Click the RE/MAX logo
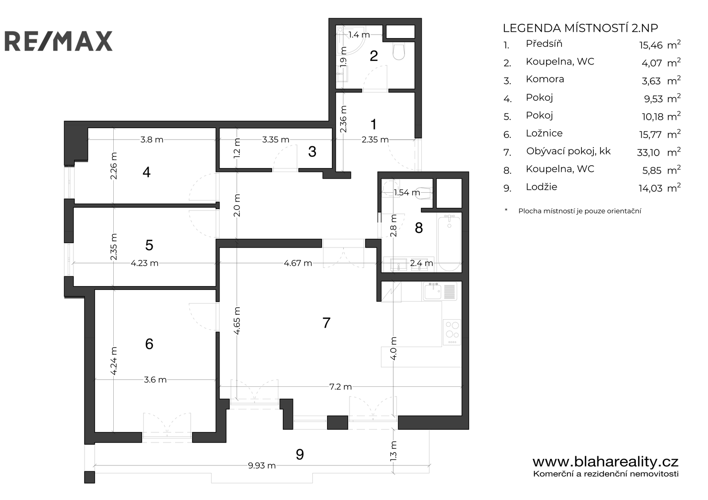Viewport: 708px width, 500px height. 58,41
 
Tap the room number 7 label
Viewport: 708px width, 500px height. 327,323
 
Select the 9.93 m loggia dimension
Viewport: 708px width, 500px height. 262,466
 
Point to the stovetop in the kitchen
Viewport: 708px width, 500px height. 452,332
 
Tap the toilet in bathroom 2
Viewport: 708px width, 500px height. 399,51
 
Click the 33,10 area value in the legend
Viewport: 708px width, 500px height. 648,153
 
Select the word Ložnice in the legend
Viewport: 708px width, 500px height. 544,134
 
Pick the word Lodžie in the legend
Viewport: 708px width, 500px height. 542,187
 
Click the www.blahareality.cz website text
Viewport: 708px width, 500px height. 606,462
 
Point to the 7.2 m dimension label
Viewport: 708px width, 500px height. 340,387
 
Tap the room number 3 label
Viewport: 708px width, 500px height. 312,152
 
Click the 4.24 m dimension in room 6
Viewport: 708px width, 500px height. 114,361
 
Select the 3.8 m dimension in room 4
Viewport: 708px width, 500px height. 152,139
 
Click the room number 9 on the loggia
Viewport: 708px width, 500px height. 300,454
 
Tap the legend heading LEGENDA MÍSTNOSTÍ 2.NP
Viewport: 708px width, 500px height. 580,28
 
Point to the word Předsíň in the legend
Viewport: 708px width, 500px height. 544,44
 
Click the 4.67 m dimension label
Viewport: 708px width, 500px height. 298,263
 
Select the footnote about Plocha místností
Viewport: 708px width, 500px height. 580,211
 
